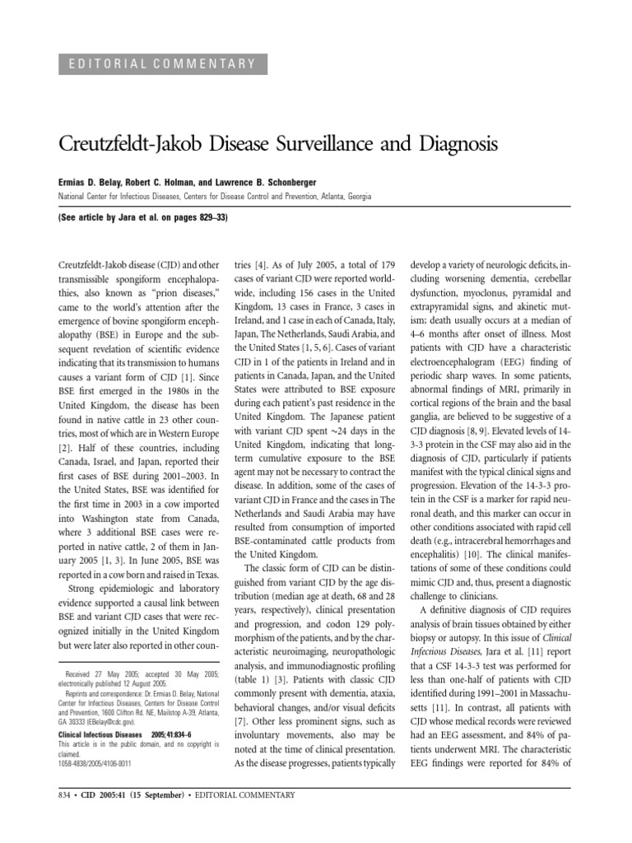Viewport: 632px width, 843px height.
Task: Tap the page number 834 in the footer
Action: [x=66, y=795]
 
